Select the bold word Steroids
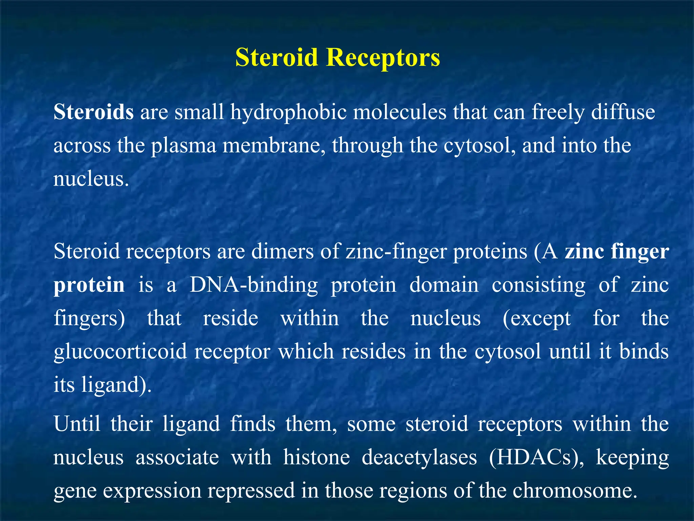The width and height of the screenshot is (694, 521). click(94, 112)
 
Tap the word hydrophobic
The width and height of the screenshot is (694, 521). click(288, 112)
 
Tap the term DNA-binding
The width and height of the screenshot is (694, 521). click(253, 285)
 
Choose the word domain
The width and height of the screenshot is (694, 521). click(444, 285)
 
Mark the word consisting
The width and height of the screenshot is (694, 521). click(538, 285)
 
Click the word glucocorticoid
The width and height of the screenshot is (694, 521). click(120, 351)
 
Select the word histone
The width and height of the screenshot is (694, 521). click(317, 457)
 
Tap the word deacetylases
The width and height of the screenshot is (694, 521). click(419, 457)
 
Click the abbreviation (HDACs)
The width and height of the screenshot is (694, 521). click(536, 457)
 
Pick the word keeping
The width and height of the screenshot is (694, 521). click(632, 457)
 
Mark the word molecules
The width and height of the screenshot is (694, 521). click(400, 112)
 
